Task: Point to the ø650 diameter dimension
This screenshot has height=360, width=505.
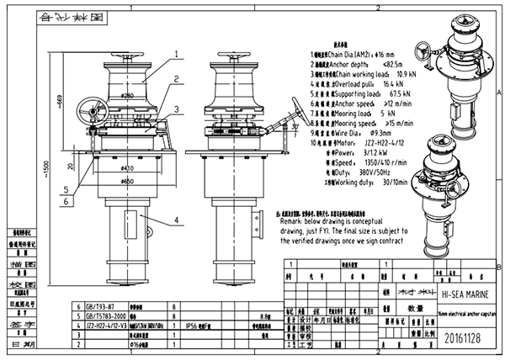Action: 127,180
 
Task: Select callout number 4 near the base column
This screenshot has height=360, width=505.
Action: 177,220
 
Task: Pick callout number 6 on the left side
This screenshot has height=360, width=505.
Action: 65,202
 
